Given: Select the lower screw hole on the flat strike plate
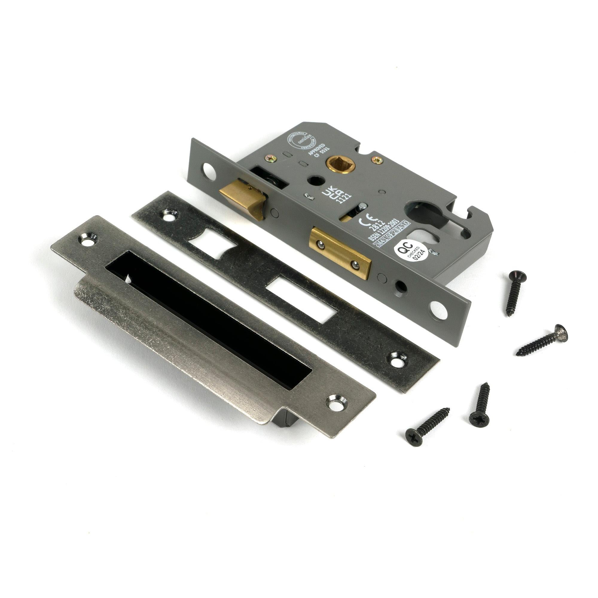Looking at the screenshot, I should click(397, 359).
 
